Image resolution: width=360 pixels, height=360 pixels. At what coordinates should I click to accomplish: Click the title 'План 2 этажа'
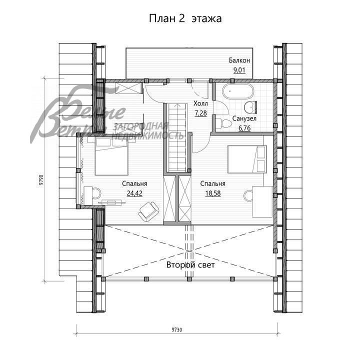[185, 18]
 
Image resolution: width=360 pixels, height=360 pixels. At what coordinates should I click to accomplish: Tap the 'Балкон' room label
[239, 60]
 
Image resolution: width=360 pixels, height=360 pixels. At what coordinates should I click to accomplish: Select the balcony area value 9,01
[239, 70]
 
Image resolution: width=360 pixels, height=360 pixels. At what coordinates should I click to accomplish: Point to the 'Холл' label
[200, 103]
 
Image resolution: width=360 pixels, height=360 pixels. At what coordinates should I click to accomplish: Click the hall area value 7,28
[200, 113]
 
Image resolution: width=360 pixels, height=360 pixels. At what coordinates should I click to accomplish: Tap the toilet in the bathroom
[248, 106]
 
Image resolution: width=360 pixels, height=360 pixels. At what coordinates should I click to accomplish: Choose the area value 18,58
[212, 193]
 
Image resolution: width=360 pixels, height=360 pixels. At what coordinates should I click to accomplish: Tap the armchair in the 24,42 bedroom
[147, 211]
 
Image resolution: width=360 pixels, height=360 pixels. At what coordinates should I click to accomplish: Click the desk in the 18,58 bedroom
[262, 200]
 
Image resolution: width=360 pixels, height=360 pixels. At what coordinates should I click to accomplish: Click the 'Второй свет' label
[190, 265]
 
